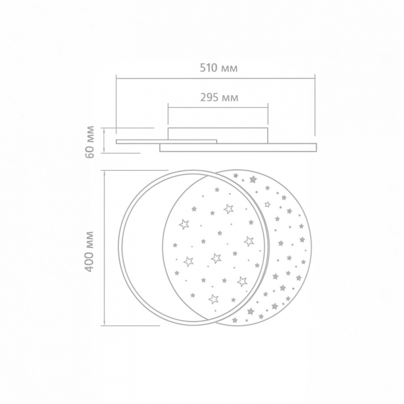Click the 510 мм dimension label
click(x=219, y=68)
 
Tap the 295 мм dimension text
click(x=219, y=97)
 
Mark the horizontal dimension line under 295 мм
click(x=218, y=107)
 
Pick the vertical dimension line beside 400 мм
click(x=105, y=247)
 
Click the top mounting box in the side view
click(x=218, y=135)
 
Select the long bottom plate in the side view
click(x=238, y=147)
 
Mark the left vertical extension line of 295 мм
click(x=168, y=116)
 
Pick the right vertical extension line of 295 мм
click(x=268, y=116)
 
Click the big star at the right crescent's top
click(x=253, y=179)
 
